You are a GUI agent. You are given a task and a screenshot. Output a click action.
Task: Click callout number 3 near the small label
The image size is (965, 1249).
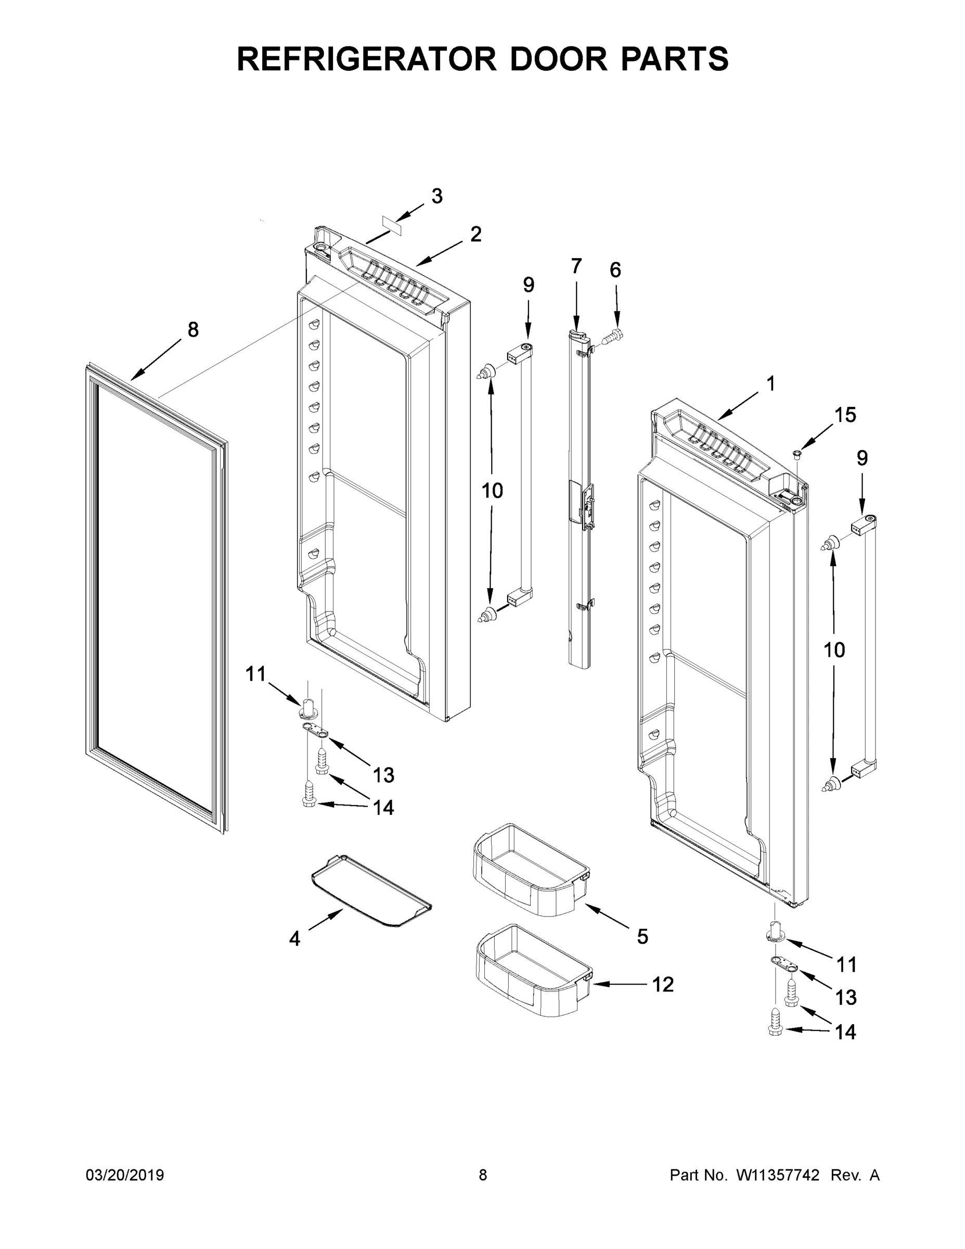click(437, 196)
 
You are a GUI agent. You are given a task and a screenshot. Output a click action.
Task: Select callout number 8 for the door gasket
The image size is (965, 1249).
click(193, 329)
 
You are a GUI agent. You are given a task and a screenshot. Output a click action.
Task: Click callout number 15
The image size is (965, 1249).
click(845, 415)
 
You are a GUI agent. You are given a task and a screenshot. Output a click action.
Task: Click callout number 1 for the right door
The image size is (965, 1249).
click(770, 384)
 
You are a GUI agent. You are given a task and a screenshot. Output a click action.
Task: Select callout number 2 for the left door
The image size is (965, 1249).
click(475, 234)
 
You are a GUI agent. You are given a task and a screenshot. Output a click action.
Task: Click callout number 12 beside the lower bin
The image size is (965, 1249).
click(663, 984)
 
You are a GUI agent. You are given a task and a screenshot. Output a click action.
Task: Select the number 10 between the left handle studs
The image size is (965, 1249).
click(492, 490)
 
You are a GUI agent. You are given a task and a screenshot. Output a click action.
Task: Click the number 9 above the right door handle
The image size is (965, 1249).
click(862, 458)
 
